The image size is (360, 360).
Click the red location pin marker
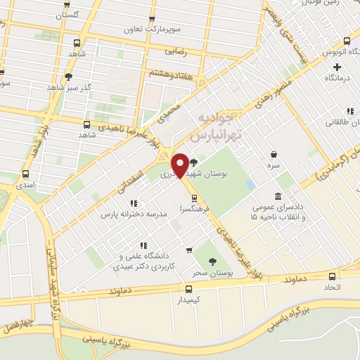click(180, 165)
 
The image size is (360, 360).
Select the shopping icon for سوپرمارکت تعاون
click(153, 20)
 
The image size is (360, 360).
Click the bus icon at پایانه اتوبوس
click(345, 40)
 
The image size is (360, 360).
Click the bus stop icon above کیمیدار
click(188, 288)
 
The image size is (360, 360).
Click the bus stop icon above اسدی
click(26, 174)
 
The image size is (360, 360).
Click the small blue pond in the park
click(250, 184)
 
